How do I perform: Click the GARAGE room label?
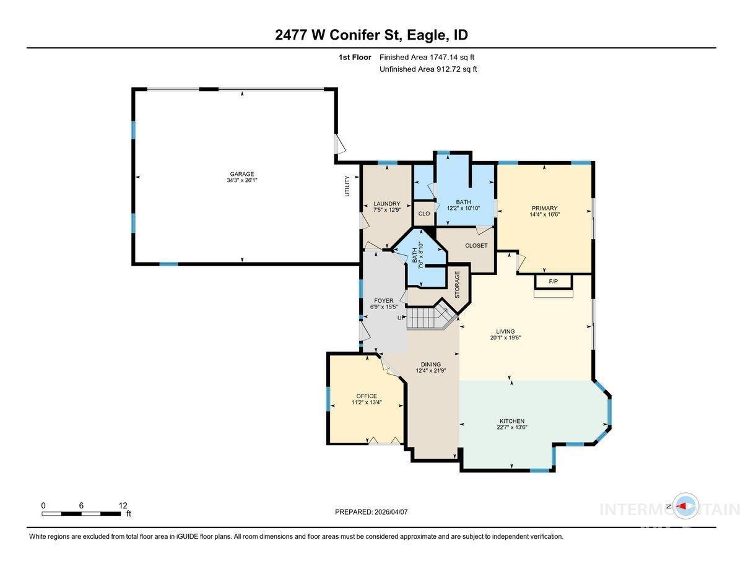pos(241,174)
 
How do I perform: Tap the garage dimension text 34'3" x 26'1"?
pos(241,180)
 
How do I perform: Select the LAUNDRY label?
pos(387,204)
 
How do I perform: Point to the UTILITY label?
pos(347,186)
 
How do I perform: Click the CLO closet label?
pos(424,214)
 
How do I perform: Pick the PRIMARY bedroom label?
pos(544,208)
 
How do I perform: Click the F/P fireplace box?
pos(554,281)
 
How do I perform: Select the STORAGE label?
pos(457,284)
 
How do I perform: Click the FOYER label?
pos(384,301)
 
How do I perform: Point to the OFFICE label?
pos(367,396)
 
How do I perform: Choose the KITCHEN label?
pos(512,421)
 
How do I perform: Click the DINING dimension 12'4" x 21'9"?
pos(431,370)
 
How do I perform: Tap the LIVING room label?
pos(505,331)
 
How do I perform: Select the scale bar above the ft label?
pos(81,514)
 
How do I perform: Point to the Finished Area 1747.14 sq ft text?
pos(427,58)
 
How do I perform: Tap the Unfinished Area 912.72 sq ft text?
pos(428,69)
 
